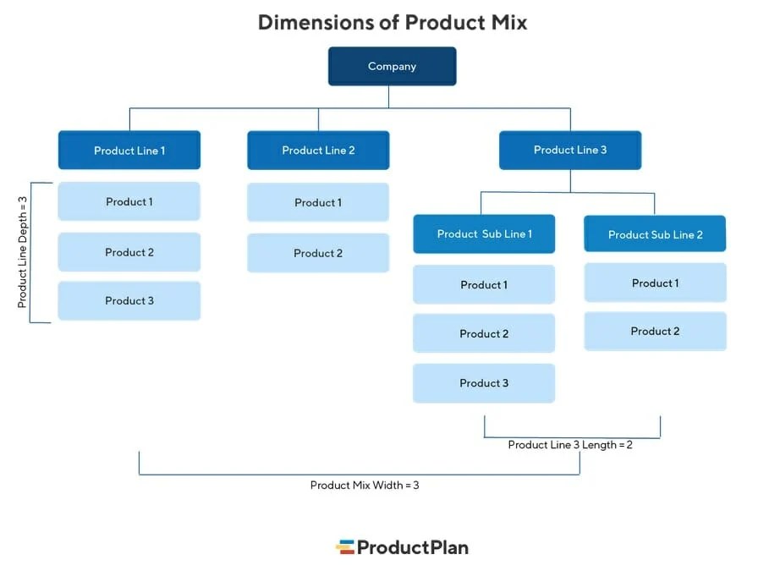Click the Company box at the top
(392, 66)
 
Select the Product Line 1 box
(129, 151)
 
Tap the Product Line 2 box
(318, 151)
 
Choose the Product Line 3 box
(570, 150)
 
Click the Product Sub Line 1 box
(484, 233)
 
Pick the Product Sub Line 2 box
(655, 234)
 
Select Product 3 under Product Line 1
(129, 300)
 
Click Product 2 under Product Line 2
(318, 253)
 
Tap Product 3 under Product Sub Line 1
(484, 382)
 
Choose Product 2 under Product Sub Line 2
(655, 331)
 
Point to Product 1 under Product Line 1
(129, 201)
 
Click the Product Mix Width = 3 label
(365, 486)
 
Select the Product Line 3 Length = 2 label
(570, 445)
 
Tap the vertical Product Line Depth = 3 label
(23, 252)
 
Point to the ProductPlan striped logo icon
(344, 547)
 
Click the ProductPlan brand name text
(412, 547)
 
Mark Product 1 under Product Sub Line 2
(655, 283)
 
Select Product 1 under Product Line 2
(318, 202)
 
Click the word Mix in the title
(507, 22)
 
